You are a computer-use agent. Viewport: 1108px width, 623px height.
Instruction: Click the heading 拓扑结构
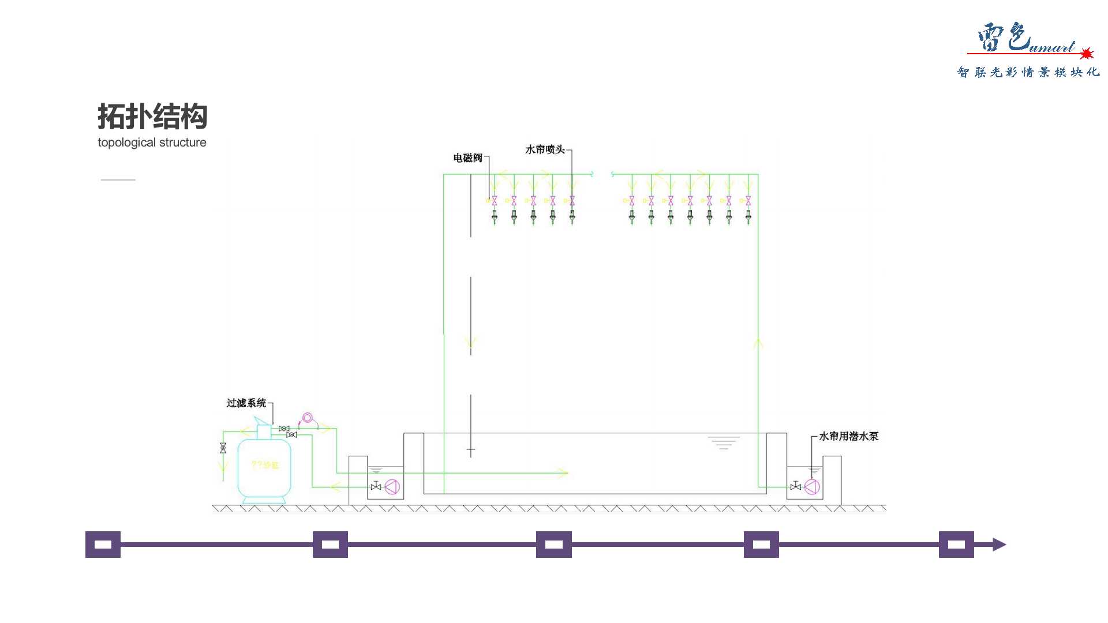(x=152, y=117)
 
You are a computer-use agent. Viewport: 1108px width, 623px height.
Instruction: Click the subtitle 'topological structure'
(x=152, y=142)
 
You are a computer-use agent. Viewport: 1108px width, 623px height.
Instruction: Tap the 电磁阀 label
(x=467, y=158)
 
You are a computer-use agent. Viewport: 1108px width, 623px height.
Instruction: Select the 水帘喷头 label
(x=545, y=150)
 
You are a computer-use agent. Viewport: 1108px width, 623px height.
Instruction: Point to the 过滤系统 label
(x=246, y=403)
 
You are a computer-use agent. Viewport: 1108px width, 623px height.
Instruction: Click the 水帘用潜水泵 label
(x=848, y=437)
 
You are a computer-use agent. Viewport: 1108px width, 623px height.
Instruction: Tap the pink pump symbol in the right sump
(x=812, y=487)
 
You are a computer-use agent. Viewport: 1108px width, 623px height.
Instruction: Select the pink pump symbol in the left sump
(x=392, y=487)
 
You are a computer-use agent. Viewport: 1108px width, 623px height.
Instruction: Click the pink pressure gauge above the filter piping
(x=308, y=418)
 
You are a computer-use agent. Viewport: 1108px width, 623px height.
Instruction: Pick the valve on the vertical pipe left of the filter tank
(x=223, y=448)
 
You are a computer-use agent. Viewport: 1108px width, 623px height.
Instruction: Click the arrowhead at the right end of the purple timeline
(x=999, y=545)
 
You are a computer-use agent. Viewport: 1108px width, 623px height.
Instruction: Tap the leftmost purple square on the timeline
(x=103, y=545)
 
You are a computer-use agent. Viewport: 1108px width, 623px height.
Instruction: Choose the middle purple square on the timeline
(x=553, y=545)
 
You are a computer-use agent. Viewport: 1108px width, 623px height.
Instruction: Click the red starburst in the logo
(x=1087, y=54)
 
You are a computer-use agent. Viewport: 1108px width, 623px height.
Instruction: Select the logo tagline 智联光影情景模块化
(x=1028, y=72)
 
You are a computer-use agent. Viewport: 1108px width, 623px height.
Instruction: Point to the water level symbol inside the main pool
(x=723, y=442)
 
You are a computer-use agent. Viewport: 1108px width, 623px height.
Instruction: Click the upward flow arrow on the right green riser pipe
(x=758, y=344)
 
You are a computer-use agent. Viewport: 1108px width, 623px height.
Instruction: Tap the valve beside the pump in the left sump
(x=376, y=486)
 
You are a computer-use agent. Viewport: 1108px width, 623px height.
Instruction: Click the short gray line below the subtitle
(x=118, y=180)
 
